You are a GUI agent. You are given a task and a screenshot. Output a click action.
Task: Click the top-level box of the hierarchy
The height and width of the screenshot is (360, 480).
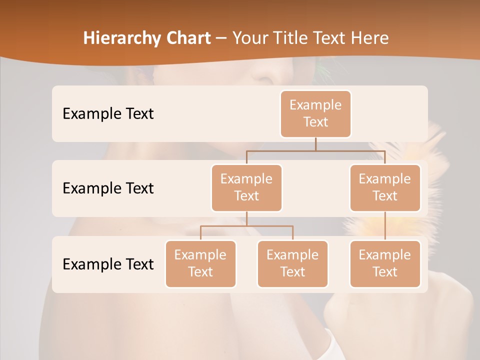(315, 113)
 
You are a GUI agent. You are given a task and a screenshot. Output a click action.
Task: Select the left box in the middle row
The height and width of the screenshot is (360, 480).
(246, 187)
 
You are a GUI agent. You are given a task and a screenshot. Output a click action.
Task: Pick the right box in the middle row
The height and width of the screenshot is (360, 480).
(385, 187)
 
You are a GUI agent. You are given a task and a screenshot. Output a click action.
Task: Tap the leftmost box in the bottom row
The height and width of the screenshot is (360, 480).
(200, 263)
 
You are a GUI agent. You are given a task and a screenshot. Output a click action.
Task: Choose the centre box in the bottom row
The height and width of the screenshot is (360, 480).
(292, 263)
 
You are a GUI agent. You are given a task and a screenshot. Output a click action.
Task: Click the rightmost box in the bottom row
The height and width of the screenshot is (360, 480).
(385, 263)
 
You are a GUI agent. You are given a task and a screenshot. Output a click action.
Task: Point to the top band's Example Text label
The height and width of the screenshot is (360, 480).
(108, 113)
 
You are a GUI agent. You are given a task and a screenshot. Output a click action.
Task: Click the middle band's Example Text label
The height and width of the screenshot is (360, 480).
(108, 188)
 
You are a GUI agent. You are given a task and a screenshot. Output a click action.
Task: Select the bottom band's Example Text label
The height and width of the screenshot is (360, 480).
(108, 264)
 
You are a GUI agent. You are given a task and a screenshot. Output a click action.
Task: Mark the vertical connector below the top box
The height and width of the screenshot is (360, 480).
(315, 144)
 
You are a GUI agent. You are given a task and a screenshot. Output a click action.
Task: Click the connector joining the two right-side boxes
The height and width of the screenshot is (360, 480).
(385, 226)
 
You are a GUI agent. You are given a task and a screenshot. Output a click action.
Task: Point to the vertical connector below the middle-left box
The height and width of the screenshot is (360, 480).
(246, 218)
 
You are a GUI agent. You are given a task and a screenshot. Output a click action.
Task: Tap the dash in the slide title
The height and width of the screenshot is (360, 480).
(221, 38)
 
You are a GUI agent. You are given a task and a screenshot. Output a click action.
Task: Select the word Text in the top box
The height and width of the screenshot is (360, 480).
(315, 122)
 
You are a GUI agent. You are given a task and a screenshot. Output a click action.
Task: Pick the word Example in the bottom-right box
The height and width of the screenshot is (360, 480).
(385, 255)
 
